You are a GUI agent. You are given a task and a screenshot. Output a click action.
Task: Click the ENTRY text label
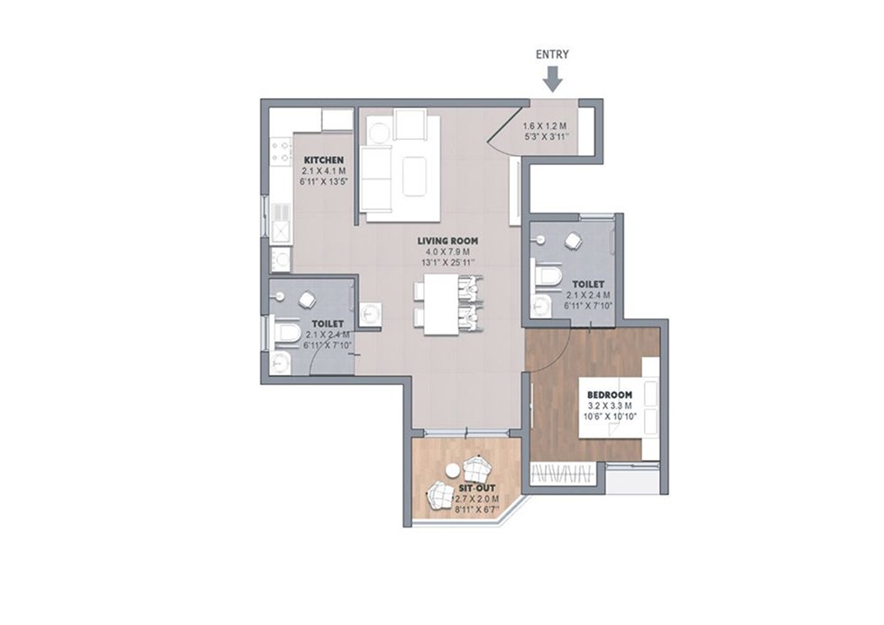(552, 54)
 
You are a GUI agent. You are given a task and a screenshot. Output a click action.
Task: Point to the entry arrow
(553, 79)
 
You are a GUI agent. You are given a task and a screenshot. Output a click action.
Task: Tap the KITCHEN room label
(323, 160)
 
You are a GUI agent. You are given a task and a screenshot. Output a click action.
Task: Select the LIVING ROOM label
(447, 241)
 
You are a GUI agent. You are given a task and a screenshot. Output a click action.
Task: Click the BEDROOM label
(610, 395)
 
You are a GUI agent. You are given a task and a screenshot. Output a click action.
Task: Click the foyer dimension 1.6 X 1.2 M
(544, 127)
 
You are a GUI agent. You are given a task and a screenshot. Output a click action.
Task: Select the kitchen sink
(281, 222)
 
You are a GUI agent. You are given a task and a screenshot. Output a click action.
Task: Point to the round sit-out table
(452, 470)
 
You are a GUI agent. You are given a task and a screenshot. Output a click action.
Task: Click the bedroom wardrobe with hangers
(564, 473)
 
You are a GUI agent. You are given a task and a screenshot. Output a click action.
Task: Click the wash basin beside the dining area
(369, 313)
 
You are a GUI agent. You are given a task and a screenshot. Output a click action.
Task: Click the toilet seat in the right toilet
(548, 277)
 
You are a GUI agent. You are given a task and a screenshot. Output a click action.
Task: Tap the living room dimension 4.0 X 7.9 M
(447, 252)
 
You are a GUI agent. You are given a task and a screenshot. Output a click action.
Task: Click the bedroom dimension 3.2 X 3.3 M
(610, 406)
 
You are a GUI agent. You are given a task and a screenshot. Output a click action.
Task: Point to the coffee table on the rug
(415, 176)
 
